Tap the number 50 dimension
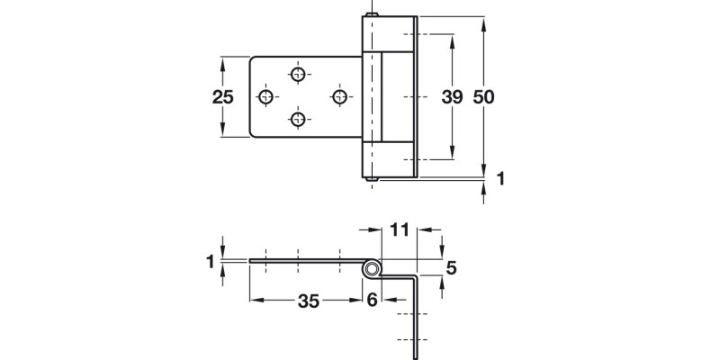(x=485, y=97)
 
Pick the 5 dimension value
(x=452, y=267)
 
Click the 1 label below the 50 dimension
(x=500, y=179)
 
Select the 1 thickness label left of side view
(x=211, y=261)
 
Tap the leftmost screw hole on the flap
(x=266, y=95)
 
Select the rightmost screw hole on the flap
(x=339, y=95)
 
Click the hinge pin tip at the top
(x=369, y=16)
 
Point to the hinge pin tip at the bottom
(x=369, y=178)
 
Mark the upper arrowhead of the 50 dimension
(x=485, y=21)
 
